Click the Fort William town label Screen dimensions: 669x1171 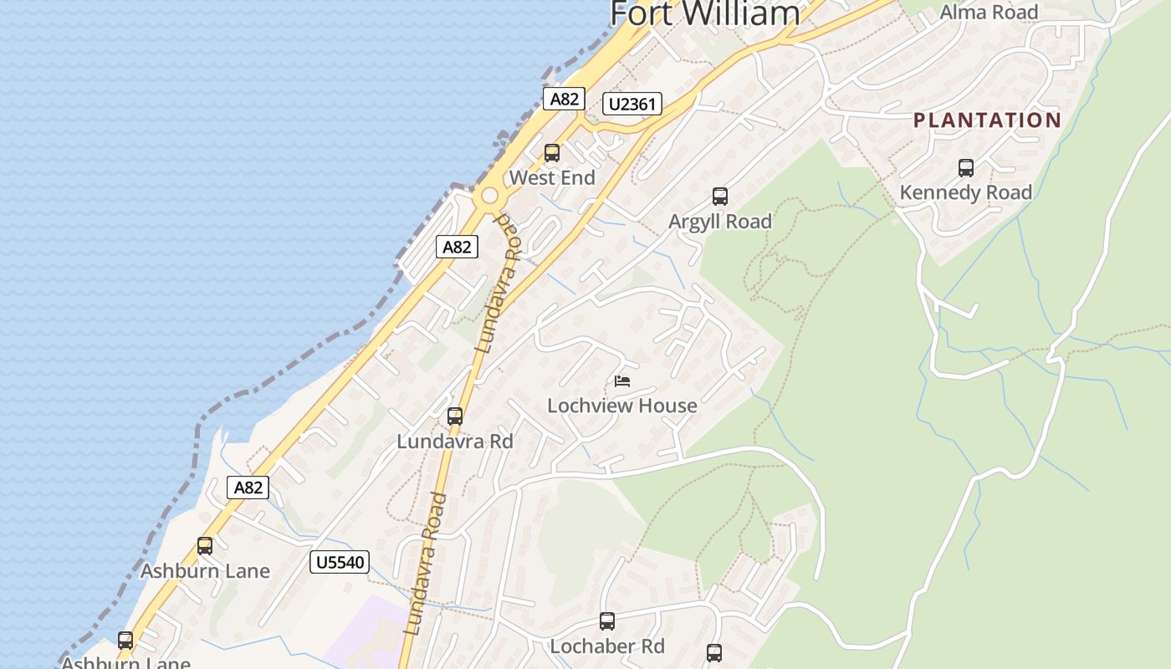705,13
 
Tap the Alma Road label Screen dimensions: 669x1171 989,12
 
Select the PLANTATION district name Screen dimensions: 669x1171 987,120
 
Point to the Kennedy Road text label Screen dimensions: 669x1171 966,192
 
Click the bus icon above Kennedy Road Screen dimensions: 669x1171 966,168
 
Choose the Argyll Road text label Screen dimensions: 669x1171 720,222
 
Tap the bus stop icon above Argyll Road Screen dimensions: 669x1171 720,197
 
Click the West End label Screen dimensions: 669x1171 552,177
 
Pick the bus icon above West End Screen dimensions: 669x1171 552,153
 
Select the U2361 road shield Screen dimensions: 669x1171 632,104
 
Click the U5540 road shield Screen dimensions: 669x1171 340,562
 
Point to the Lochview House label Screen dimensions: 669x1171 621,406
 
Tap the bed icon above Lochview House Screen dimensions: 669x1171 621,381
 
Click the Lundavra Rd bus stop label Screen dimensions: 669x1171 455,441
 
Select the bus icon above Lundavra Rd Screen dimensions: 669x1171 455,416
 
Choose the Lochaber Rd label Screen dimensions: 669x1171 607,646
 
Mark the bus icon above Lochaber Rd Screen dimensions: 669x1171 607,621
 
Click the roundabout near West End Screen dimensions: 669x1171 488,197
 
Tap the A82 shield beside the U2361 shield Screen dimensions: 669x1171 564,99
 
